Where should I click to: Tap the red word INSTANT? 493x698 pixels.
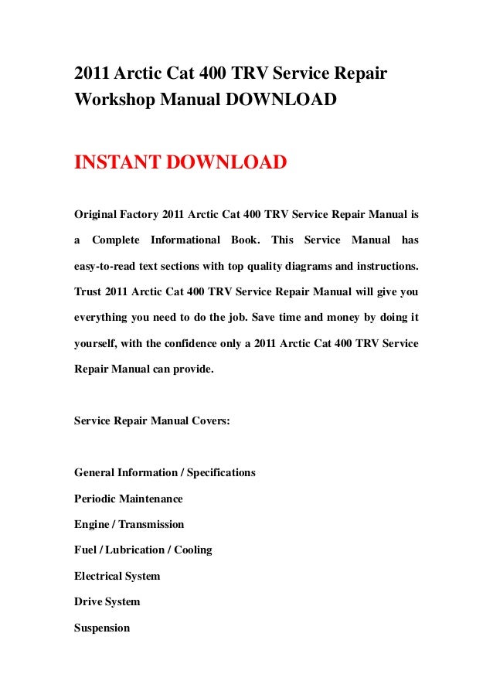[117, 164]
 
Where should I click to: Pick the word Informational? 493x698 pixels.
[185, 240]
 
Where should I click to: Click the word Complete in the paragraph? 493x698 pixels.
[115, 240]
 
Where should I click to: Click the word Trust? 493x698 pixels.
[88, 293]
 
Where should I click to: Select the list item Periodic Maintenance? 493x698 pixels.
[128, 499]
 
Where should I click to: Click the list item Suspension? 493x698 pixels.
[102, 628]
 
